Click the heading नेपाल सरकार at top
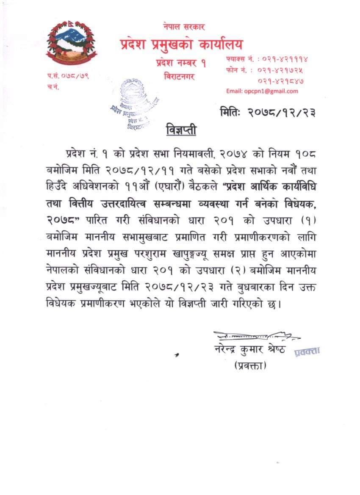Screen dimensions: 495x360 coord(183,27)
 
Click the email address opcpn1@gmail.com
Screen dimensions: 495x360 coord(262,91)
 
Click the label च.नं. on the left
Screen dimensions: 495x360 coord(53,87)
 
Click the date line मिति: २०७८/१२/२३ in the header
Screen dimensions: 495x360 coord(268,112)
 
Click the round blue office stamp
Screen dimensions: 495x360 coord(132,103)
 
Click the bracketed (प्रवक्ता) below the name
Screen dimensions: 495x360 coord(250,365)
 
